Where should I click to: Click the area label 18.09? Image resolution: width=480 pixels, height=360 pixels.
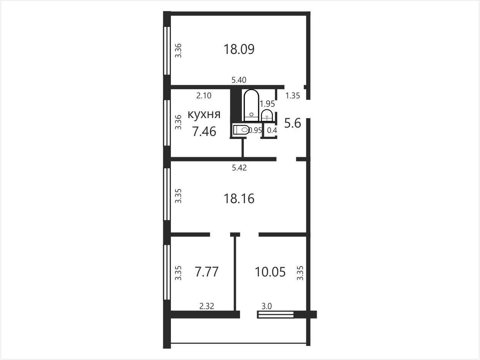239,49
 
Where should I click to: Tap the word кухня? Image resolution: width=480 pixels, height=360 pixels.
204,114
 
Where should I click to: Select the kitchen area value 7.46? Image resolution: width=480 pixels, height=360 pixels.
204,131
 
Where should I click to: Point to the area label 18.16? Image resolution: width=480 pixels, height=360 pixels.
239,199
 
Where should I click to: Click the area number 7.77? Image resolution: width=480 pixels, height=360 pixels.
207,272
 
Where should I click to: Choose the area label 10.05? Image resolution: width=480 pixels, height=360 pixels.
270,272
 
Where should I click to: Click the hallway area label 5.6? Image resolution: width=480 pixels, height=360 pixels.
292,123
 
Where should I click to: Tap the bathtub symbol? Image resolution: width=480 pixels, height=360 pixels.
251,105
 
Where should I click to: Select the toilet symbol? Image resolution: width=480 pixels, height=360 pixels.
241,130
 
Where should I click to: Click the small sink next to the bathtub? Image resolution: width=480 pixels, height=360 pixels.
267,115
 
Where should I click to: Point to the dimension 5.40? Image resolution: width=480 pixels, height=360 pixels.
239,80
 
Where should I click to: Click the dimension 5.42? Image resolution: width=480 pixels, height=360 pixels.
239,167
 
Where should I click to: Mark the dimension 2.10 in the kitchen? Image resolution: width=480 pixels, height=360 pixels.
204,96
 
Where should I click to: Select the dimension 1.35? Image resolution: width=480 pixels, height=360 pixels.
292,96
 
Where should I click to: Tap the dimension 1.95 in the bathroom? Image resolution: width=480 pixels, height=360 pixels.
267,104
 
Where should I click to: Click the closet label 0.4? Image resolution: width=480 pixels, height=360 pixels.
272,131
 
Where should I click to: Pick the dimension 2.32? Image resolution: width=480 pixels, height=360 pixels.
207,306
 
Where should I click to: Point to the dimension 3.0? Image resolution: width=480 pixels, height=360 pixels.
267,306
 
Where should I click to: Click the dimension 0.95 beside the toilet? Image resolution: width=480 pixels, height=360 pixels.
255,131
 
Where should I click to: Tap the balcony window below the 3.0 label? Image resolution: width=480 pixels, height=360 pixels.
276,315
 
